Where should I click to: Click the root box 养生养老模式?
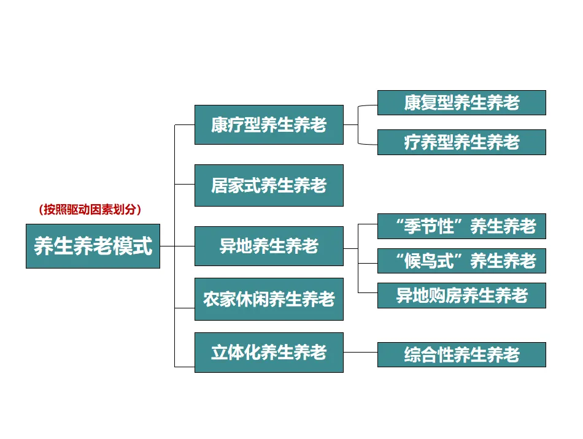(93, 246)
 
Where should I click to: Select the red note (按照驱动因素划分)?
(90, 210)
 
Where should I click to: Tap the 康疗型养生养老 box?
(269, 125)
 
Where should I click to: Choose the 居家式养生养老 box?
(269, 185)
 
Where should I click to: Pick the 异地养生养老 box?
(269, 246)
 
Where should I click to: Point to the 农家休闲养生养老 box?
(269, 299)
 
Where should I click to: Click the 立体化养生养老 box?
(269, 353)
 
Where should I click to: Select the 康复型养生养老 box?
(461, 103)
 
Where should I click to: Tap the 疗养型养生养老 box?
(461, 142)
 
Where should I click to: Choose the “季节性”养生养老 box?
(461, 227)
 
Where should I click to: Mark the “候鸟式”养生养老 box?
(461, 261)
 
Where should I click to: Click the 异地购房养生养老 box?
(461, 296)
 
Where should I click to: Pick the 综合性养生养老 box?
(461, 355)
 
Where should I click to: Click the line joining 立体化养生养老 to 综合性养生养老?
(360, 353)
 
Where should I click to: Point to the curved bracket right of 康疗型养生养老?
(359, 125)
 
